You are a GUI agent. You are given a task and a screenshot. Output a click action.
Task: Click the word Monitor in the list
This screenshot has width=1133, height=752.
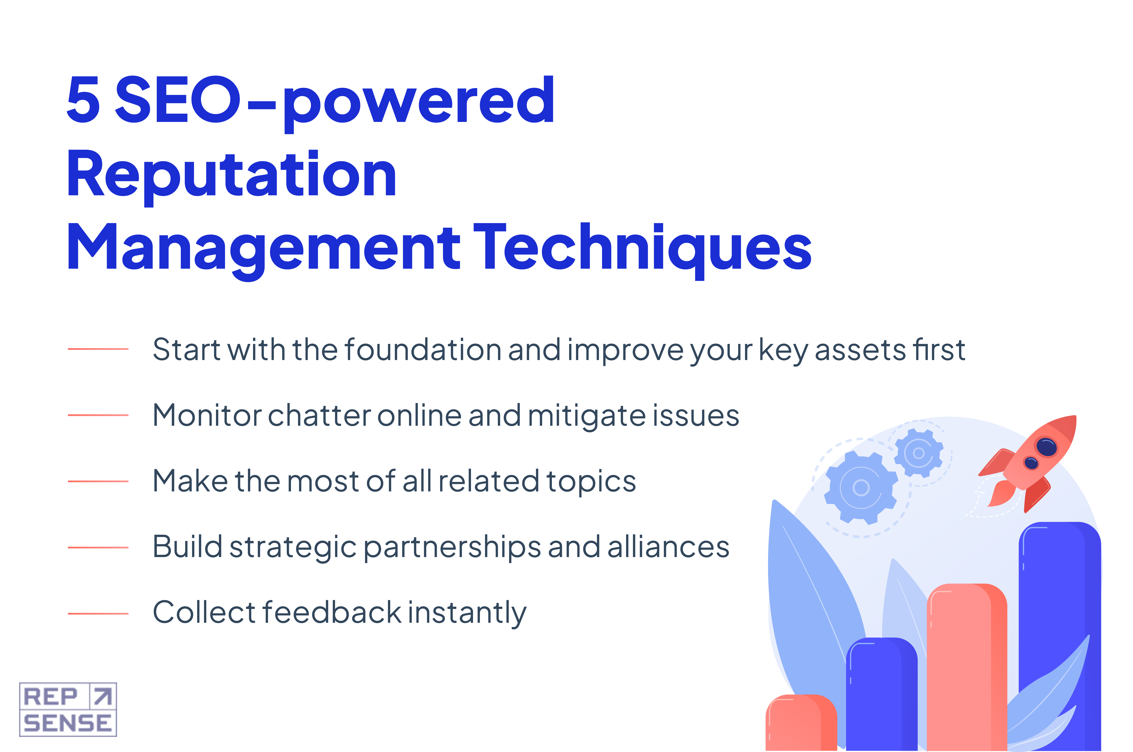(x=207, y=415)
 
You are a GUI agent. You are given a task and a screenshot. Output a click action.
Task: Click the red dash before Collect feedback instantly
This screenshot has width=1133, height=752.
(x=98, y=613)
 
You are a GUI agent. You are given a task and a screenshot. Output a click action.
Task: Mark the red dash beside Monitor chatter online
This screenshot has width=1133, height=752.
(x=98, y=415)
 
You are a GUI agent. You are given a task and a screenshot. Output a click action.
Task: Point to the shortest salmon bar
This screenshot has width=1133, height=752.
(x=801, y=722)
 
